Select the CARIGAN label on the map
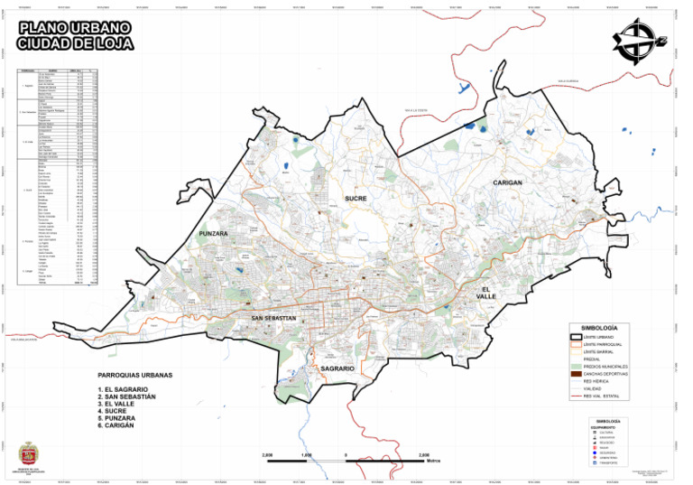(x=509, y=183)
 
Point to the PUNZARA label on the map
(x=214, y=234)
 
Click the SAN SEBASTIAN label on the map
(x=274, y=319)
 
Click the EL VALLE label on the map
(x=487, y=292)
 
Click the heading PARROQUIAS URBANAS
(x=134, y=375)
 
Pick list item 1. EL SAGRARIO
(x=131, y=389)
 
